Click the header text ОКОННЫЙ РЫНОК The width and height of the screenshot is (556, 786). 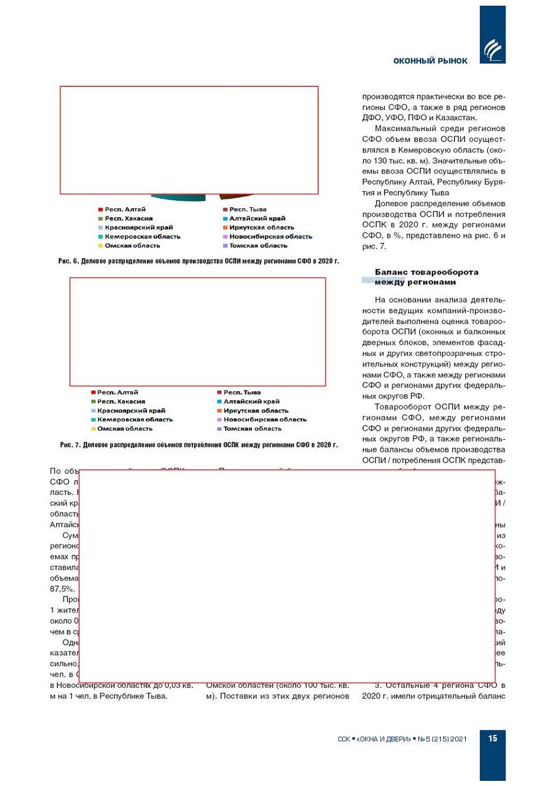[x=430, y=61]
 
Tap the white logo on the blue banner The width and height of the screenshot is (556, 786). [x=492, y=49]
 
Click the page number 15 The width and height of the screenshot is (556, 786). [x=492, y=738]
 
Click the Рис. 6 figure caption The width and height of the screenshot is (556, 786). [x=199, y=261]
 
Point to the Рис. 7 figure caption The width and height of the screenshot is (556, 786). [x=199, y=445]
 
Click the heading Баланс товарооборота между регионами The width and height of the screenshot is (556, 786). [x=426, y=277]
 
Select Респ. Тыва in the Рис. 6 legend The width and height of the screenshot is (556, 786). [x=247, y=209]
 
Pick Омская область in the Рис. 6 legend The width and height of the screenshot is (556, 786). [x=132, y=246]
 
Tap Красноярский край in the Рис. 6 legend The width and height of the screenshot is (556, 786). [x=138, y=228]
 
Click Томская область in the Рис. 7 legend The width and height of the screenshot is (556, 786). [x=252, y=428]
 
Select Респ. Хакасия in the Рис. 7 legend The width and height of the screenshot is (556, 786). [x=121, y=401]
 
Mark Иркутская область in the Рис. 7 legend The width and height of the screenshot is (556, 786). [x=255, y=410]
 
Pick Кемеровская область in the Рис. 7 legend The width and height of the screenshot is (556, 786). [x=134, y=419]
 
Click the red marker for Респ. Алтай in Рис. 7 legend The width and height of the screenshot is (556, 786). [x=93, y=392]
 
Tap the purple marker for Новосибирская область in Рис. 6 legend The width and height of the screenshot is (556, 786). [x=225, y=237]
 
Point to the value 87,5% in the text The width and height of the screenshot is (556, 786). [x=62, y=589]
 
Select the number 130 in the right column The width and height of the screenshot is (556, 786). [x=380, y=161]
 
